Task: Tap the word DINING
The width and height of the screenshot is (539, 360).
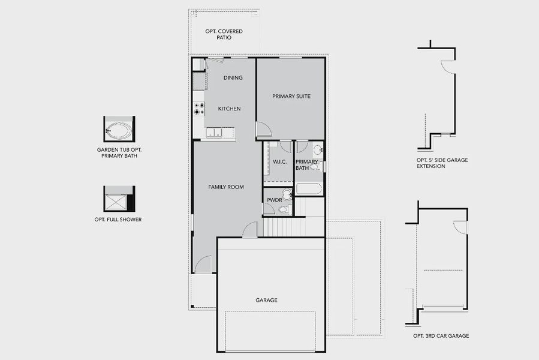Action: pos(233,78)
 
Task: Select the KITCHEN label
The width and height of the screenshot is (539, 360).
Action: pos(229,109)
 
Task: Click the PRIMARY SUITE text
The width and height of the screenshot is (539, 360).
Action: pos(291,96)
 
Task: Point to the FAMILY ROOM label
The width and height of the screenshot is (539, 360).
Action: pos(225,187)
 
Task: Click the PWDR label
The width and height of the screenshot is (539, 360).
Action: pos(274,199)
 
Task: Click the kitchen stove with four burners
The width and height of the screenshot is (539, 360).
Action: pos(198,109)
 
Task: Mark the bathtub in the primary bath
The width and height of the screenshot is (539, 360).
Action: pos(309,189)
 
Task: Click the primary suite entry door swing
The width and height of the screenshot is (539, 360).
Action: pos(263,130)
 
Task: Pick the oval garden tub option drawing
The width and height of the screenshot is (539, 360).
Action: pos(119,128)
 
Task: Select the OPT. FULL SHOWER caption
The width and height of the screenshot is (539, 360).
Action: pos(118,220)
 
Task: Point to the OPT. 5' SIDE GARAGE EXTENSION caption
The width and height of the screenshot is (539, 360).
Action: pos(442,163)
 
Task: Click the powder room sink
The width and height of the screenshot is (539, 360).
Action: pos(287,194)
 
